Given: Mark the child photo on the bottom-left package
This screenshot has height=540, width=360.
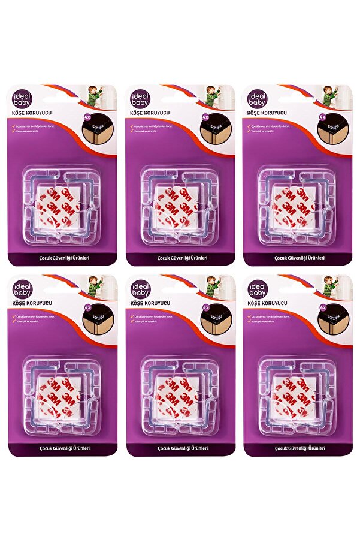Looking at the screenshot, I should (99, 286).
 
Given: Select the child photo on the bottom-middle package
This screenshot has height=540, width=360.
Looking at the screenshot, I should (216, 286).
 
